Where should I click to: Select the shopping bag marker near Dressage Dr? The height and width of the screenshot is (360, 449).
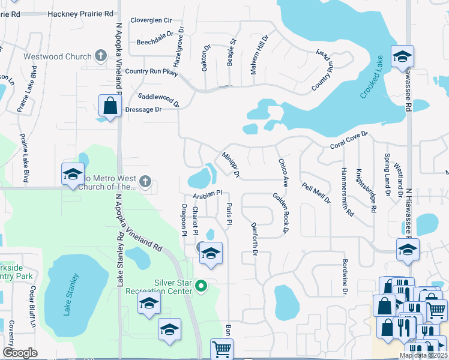[110, 106]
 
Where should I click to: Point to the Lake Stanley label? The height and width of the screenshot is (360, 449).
[72, 294]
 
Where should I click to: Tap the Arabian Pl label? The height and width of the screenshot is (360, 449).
[208, 194]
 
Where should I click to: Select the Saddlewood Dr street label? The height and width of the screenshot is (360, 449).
[159, 98]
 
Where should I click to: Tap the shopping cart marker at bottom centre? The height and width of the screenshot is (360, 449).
[222, 348]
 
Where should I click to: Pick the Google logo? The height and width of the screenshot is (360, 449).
[20, 352]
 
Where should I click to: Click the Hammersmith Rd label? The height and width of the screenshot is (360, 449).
[348, 193]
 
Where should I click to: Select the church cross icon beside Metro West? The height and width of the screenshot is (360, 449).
[144, 181]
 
